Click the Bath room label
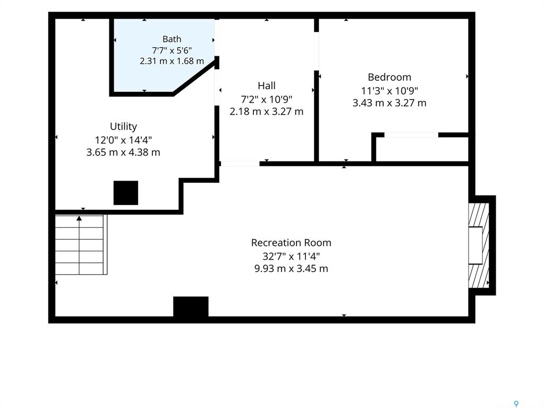pyautogui.click(x=172, y=39)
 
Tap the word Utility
pyautogui.click(x=123, y=126)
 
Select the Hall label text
pyautogui.click(x=267, y=86)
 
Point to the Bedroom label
pyautogui.click(x=389, y=76)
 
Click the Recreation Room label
pyautogui.click(x=291, y=242)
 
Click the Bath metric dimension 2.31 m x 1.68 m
pyautogui.click(x=172, y=61)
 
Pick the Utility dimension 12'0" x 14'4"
pyautogui.click(x=123, y=140)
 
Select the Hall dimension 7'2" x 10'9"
pyautogui.click(x=267, y=99)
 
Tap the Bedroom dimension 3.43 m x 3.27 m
pyautogui.click(x=389, y=103)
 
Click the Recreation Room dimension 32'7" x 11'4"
pyautogui.click(x=291, y=256)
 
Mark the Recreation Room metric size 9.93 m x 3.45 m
pyautogui.click(x=291, y=268)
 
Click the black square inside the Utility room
pyautogui.click(x=126, y=193)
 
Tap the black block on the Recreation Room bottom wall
pyautogui.click(x=191, y=307)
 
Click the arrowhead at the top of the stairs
pyautogui.click(x=79, y=218)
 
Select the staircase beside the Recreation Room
pyautogui.click(x=81, y=244)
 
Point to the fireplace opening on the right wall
pyautogui.click(x=475, y=245)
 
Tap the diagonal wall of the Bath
pyautogui.click(x=195, y=79)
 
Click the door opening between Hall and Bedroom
pyautogui.click(x=317, y=52)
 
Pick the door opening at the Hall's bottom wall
pyautogui.click(x=240, y=164)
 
